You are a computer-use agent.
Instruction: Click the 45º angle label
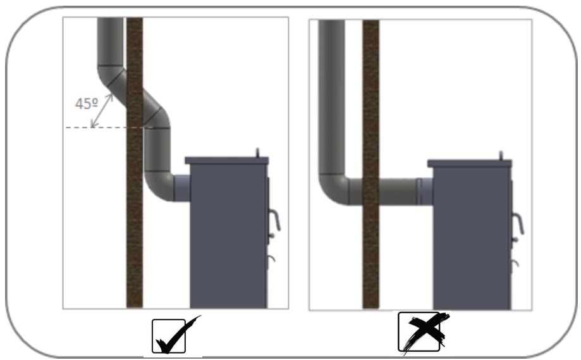click(x=87, y=104)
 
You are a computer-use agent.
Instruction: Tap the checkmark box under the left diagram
click(x=169, y=336)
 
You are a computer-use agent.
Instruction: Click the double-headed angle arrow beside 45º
click(x=102, y=111)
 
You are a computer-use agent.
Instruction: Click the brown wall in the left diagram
click(x=135, y=163)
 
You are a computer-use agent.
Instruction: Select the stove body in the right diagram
click(x=472, y=238)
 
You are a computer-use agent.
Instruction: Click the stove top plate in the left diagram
click(x=227, y=161)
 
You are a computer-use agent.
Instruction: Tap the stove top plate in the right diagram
click(x=470, y=163)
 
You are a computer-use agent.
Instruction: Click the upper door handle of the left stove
click(x=274, y=220)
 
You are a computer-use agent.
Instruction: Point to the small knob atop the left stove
click(x=258, y=152)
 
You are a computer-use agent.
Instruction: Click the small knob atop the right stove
click(x=501, y=156)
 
